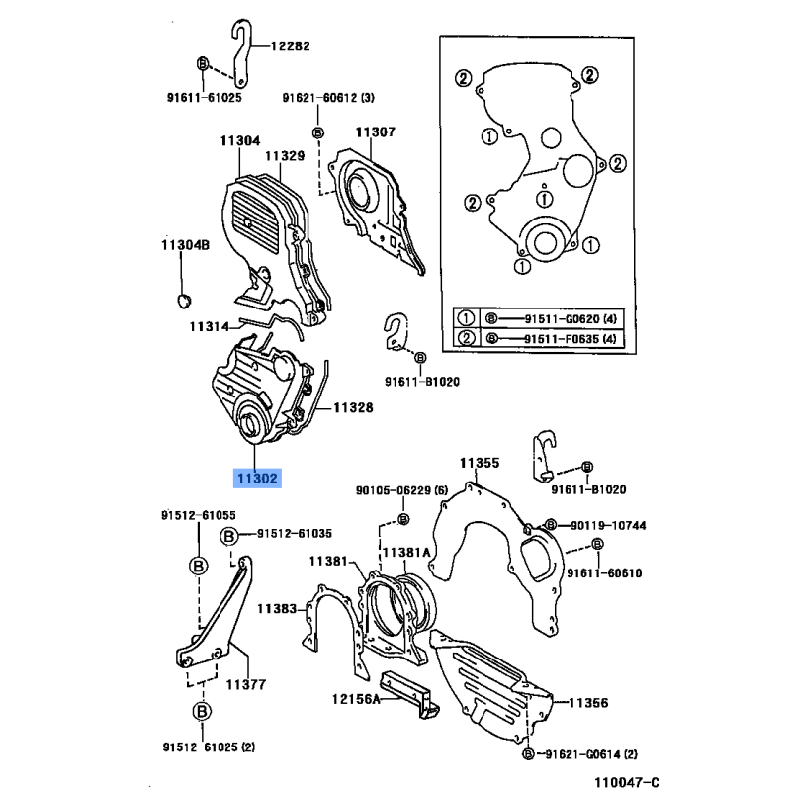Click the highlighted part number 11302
click(257, 478)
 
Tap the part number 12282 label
click(290, 46)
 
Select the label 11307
click(376, 132)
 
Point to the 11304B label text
click(185, 245)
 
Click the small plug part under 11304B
click(184, 300)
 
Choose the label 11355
click(480, 463)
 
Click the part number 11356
click(588, 703)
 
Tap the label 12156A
click(356, 699)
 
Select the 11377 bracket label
click(245, 684)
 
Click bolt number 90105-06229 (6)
click(401, 490)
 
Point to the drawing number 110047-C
click(627, 782)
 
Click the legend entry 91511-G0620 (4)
click(571, 318)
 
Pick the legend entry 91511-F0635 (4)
click(571, 339)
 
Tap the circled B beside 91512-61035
click(229, 536)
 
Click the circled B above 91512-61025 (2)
click(202, 711)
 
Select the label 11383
click(277, 609)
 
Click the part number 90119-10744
click(608, 526)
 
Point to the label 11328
click(353, 407)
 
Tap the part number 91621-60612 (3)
click(328, 97)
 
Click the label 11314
click(210, 327)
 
